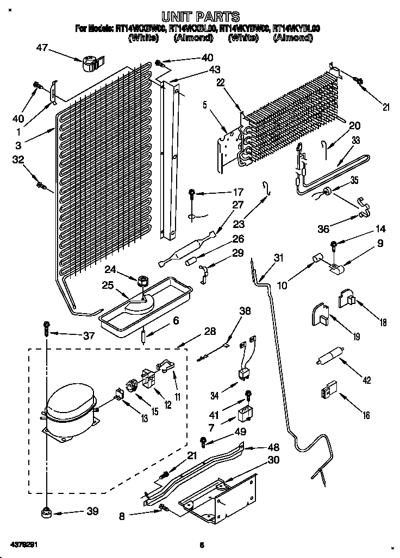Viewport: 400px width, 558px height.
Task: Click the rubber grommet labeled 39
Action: tap(46, 511)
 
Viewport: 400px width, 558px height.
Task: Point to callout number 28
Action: tap(210, 332)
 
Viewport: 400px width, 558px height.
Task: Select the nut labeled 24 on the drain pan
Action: tap(142, 281)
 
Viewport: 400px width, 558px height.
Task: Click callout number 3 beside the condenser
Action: tap(18, 145)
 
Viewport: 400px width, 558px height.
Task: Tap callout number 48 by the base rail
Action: tap(273, 447)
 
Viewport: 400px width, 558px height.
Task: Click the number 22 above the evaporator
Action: tap(220, 83)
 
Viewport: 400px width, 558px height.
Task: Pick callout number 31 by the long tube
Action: tap(279, 258)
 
